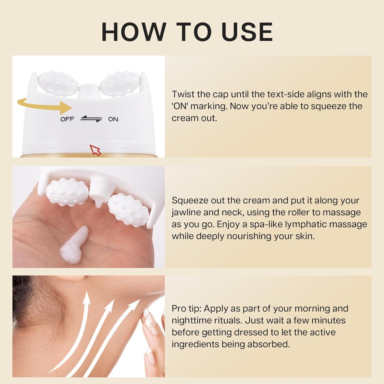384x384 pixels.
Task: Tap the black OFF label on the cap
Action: tap(67, 119)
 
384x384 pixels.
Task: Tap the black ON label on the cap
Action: tap(113, 119)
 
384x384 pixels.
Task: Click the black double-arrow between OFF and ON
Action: tap(91, 119)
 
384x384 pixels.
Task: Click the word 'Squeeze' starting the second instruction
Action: tap(190, 200)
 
